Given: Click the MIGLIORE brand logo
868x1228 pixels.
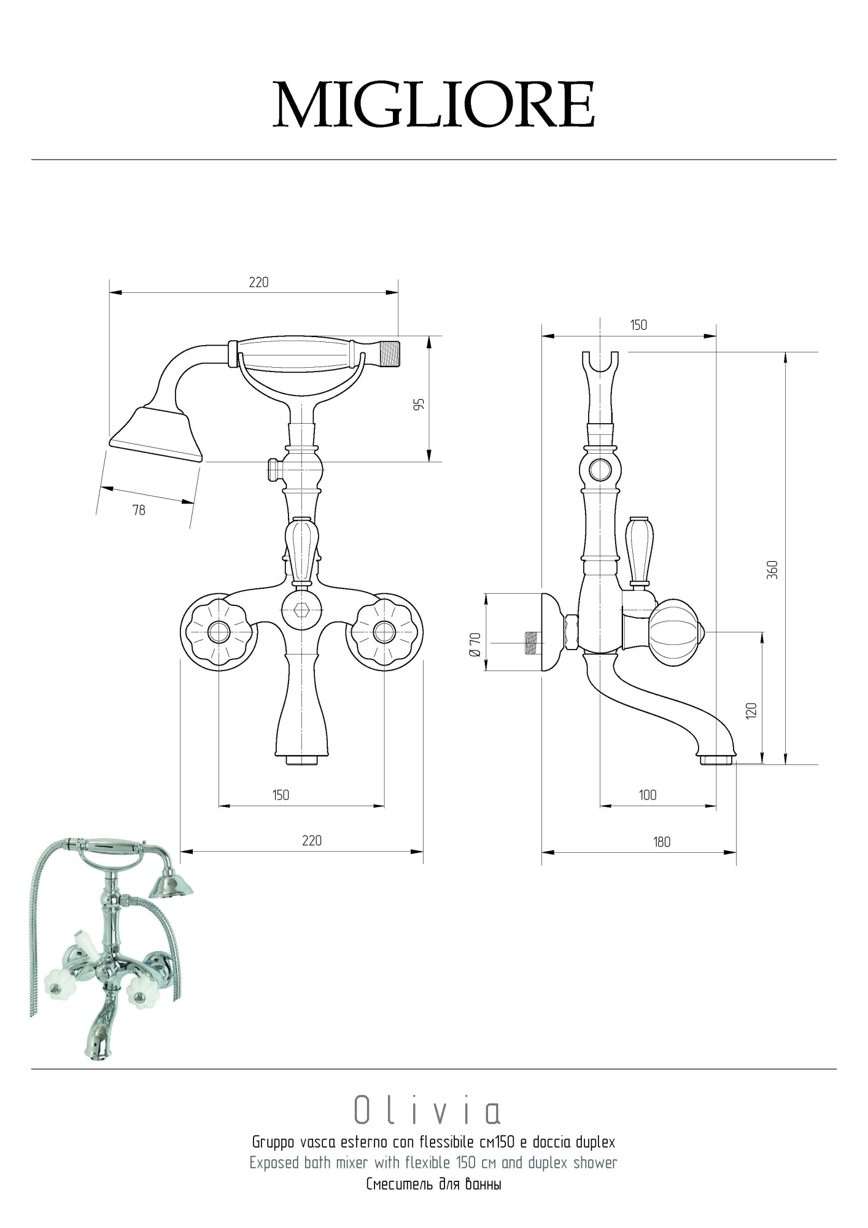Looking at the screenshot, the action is click(x=434, y=104).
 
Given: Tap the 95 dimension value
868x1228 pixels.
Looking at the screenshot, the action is click(x=419, y=405).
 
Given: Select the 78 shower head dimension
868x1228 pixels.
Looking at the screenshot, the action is click(x=139, y=510).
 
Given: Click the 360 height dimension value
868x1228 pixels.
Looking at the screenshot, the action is click(x=773, y=569).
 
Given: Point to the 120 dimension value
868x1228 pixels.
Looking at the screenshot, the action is click(x=751, y=710).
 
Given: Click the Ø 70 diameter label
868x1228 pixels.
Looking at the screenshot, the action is click(x=475, y=645).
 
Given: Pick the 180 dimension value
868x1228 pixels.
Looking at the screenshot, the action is click(x=662, y=842).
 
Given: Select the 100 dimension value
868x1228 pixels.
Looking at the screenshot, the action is click(x=648, y=795).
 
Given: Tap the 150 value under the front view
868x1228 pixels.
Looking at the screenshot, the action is click(x=281, y=795).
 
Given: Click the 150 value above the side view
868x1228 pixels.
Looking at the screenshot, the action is click(x=638, y=325).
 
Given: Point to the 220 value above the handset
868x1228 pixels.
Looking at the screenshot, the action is click(x=259, y=282).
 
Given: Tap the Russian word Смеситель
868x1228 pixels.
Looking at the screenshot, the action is click(x=400, y=1184).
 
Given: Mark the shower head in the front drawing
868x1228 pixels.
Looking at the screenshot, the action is click(x=156, y=433).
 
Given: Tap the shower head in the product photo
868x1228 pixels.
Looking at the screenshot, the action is click(x=171, y=885).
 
